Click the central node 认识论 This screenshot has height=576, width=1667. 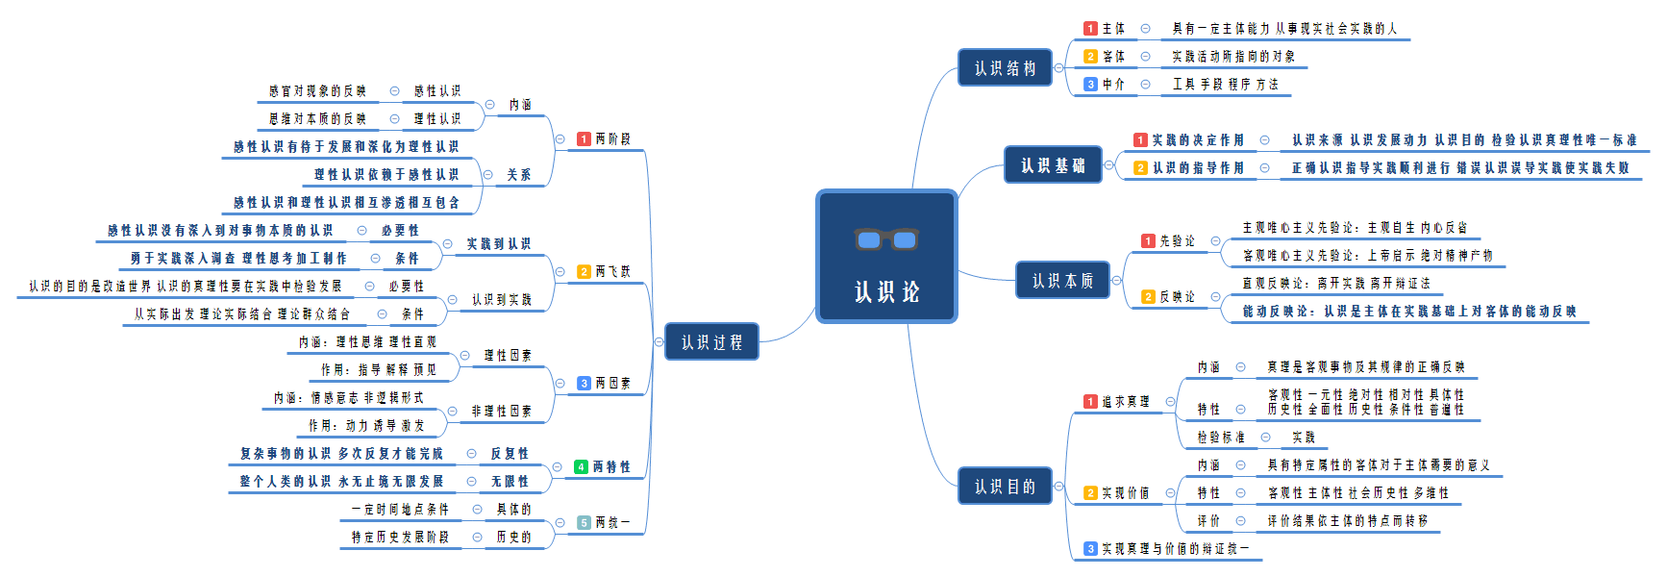click(886, 290)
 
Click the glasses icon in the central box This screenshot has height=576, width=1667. click(886, 238)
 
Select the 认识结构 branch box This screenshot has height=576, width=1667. click(1005, 68)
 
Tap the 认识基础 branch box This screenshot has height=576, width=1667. click(1053, 165)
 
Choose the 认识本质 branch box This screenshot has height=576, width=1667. click(1062, 281)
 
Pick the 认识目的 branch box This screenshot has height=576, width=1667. click(1005, 487)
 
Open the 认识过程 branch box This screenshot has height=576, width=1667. click(711, 342)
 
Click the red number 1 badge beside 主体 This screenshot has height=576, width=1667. click(1090, 29)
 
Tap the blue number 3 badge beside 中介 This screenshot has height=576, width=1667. click(1090, 85)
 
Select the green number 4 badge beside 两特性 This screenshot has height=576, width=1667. click(581, 467)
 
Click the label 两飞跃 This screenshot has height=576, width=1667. click(612, 272)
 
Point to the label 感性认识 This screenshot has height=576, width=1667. click(437, 91)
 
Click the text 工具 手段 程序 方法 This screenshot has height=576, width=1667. click(1225, 85)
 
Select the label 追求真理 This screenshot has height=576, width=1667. click(1126, 402)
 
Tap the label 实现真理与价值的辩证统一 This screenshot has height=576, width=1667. click(1175, 549)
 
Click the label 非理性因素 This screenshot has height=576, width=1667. click(501, 412)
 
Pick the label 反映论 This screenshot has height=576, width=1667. click(1177, 297)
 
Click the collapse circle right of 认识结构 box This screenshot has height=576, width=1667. click(1058, 68)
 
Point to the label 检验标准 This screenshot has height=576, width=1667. click(1221, 438)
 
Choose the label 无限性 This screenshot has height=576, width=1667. click(510, 482)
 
